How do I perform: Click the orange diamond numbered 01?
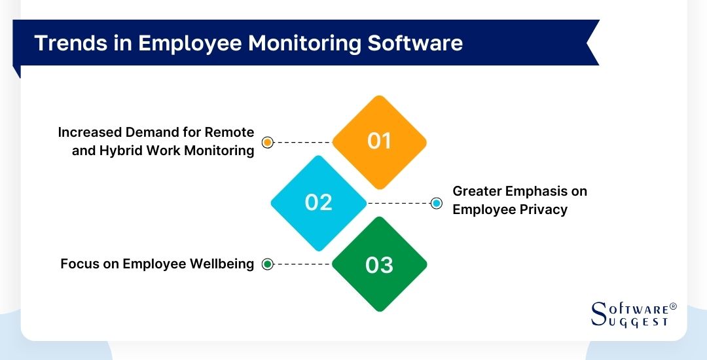coord(379,141)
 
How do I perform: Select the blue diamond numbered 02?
coord(319,202)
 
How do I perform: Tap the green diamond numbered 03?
coord(379,264)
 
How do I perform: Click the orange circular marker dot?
coord(267,142)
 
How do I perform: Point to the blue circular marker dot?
coord(437,204)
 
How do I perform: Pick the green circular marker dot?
coord(267,264)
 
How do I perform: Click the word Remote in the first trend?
coord(231,132)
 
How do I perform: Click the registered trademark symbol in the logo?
coord(673,306)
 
